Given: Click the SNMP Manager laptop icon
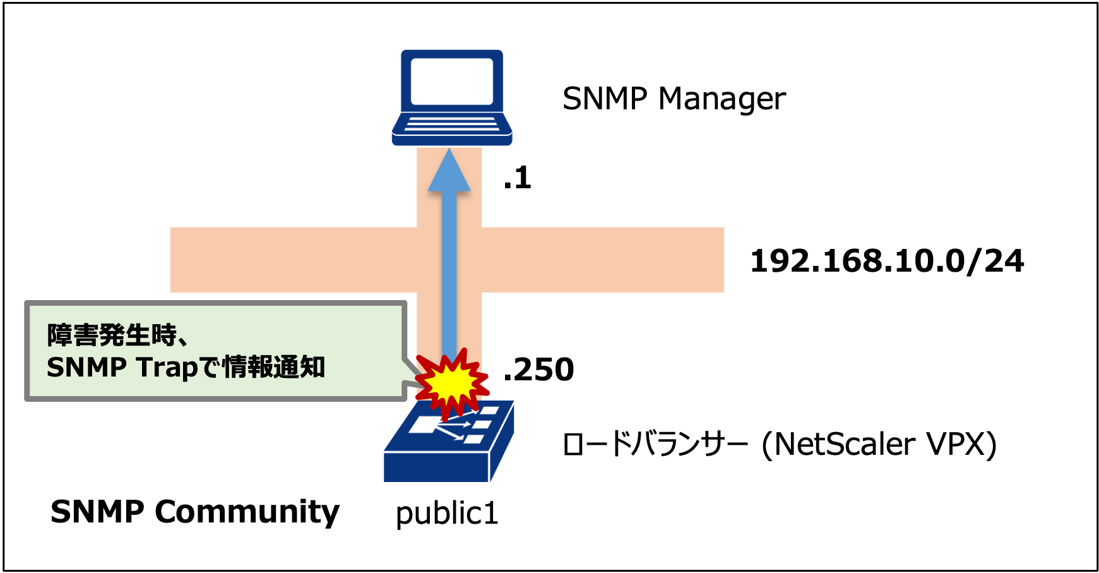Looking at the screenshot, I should pos(451,97).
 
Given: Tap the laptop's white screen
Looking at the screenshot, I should pos(451,81).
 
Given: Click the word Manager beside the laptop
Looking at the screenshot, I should pos(722,99).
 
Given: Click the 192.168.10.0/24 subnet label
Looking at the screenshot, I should pos(886,261).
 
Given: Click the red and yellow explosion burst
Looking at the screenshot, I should pos(451,382).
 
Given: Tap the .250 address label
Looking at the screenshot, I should pos(538,370).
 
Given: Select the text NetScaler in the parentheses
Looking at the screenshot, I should pos(845,444).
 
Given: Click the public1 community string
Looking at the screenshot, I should pos(447,513).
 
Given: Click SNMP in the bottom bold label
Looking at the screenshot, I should pos(97,512).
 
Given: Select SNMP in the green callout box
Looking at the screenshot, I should pos(86,368).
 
